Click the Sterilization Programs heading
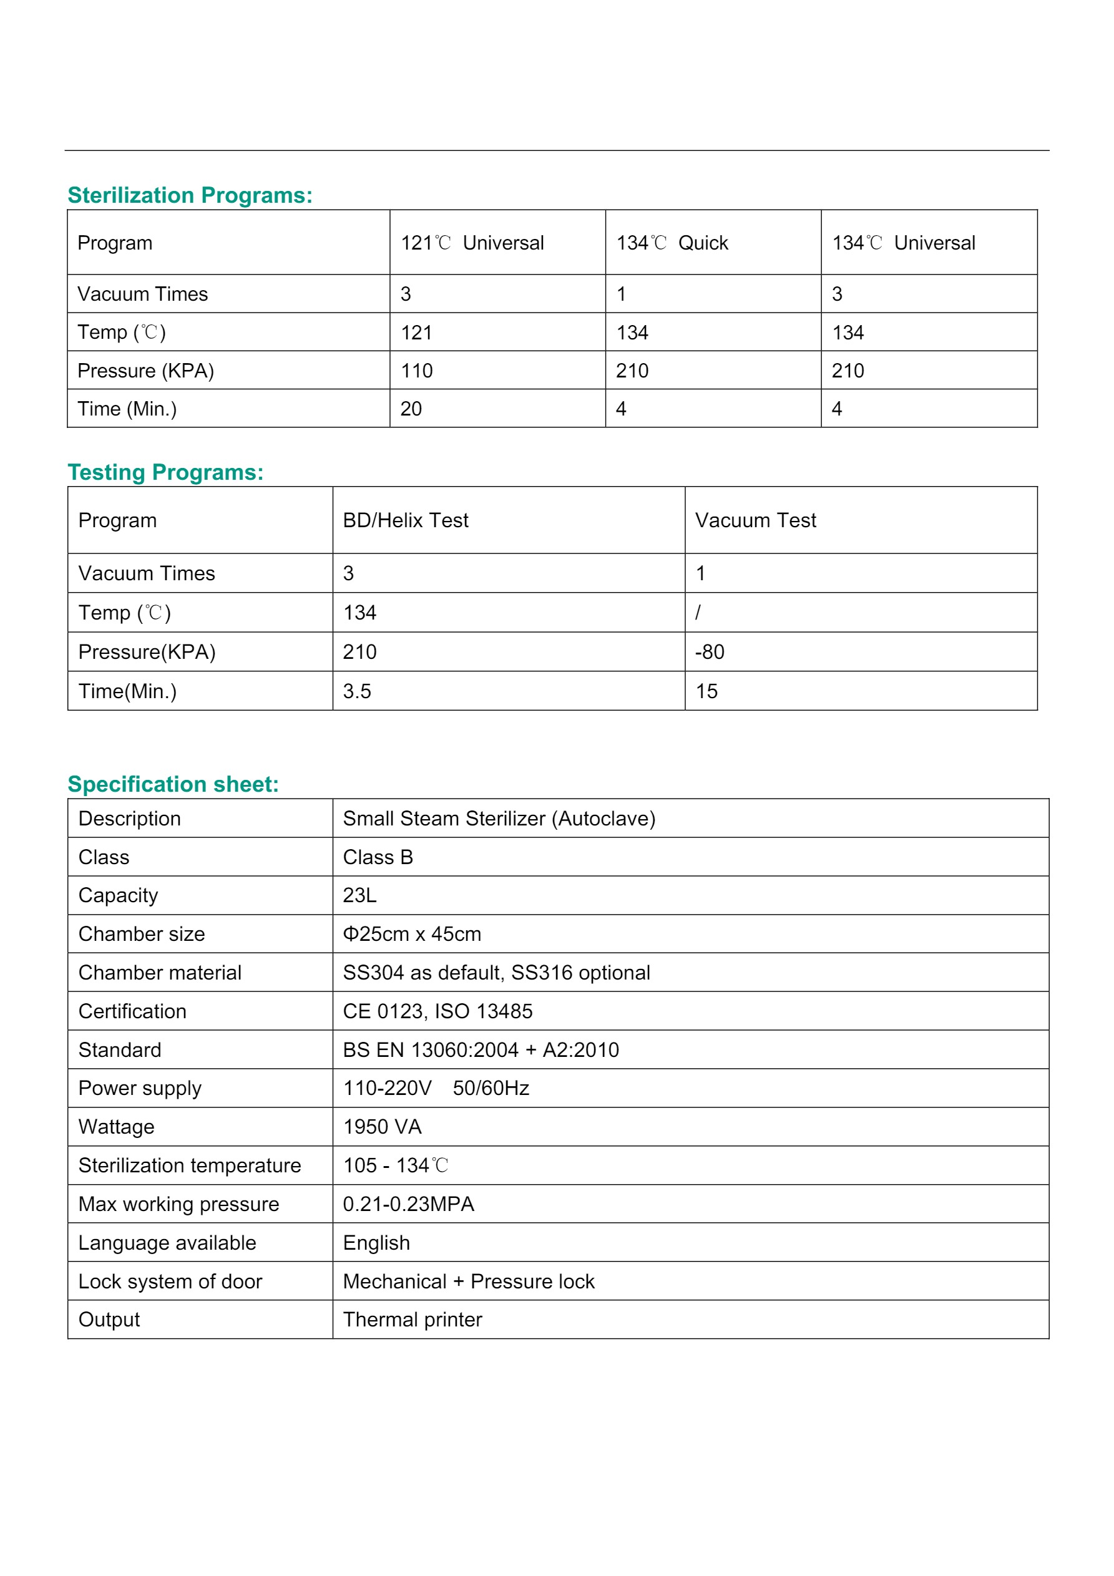[x=190, y=196]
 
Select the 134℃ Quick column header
[x=672, y=243]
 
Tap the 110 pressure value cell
[x=416, y=371]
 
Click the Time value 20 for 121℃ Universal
[x=411, y=409]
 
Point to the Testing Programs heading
[x=165, y=472]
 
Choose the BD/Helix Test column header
[x=405, y=520]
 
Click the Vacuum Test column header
[x=756, y=520]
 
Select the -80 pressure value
[x=710, y=652]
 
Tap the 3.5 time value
[x=356, y=691]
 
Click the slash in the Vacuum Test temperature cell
[x=698, y=612]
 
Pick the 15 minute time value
[x=706, y=691]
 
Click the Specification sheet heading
[x=173, y=784]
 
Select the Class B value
[x=378, y=857]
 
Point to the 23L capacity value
[x=359, y=895]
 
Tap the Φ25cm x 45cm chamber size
[x=412, y=934]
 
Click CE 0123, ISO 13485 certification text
[x=437, y=1011]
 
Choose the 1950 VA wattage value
[x=382, y=1127]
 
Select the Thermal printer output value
[x=412, y=1320]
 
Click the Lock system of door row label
[x=170, y=1282]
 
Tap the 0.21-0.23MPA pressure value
[x=409, y=1204]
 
